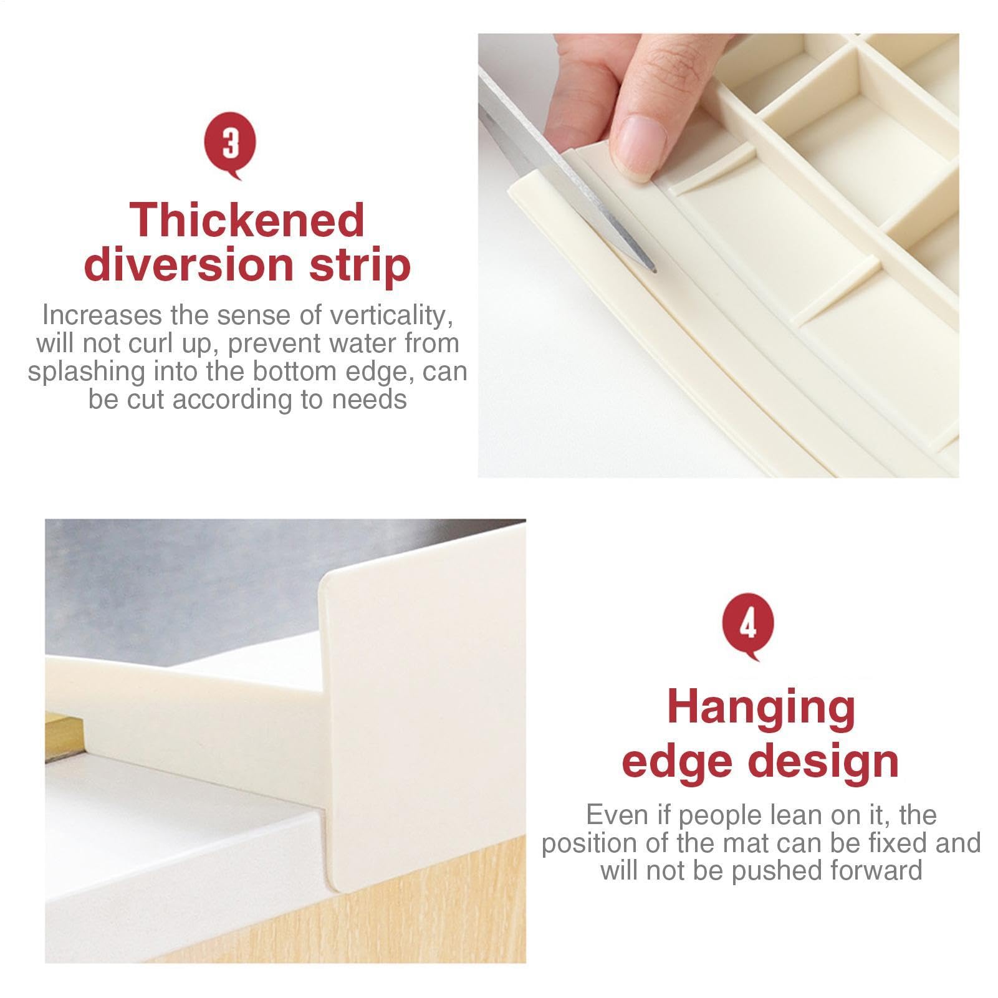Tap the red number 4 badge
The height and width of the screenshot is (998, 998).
click(x=747, y=627)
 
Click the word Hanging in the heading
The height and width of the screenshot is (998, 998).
click(x=761, y=708)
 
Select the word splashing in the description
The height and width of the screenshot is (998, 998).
click(x=84, y=372)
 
